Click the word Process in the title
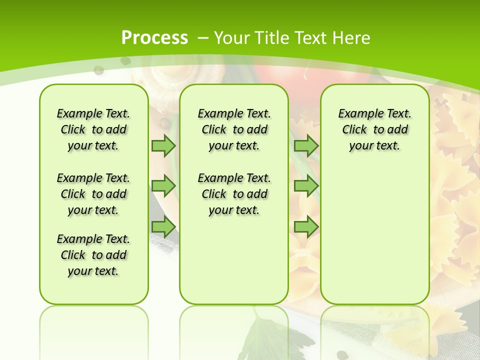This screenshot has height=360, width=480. coord(154,38)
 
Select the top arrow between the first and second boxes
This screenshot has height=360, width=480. coord(163,145)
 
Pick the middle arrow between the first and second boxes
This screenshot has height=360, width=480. coord(163,186)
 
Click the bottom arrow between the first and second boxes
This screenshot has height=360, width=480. coord(163,227)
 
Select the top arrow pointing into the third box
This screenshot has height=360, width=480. coord(306,145)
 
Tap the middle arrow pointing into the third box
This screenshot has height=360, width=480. coord(306,186)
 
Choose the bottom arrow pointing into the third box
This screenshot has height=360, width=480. coord(306,227)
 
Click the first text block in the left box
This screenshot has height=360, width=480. coord(93,129)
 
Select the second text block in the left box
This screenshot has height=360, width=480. coord(93,194)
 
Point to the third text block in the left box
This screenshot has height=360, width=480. coord(93,255)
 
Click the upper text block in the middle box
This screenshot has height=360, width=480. coord(234,129)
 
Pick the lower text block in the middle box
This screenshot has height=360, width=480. coord(234,194)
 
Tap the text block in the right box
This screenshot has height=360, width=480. coord(374,129)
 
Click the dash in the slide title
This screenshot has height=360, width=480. coord(203,38)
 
